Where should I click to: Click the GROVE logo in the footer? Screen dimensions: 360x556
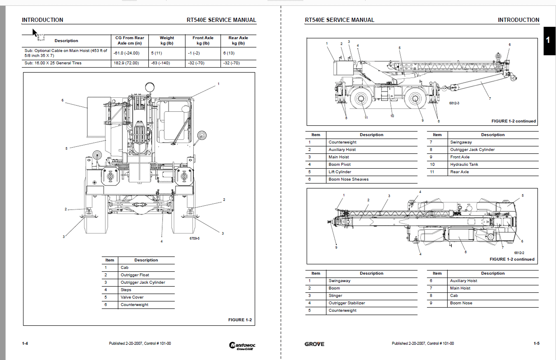click(314, 344)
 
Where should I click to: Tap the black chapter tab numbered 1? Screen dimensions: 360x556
click(548, 40)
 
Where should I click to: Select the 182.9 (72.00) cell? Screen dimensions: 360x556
click(126, 63)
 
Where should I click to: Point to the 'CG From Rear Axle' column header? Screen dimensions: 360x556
click(129, 40)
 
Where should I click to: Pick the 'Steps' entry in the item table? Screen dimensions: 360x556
click(126, 290)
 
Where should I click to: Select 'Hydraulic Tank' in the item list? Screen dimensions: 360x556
click(464, 165)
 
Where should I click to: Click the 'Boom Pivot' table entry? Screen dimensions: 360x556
click(340, 165)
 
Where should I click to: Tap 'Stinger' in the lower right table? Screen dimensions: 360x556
click(335, 296)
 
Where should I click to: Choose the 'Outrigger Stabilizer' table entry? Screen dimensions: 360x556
click(347, 303)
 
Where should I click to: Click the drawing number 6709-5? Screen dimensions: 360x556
click(195, 238)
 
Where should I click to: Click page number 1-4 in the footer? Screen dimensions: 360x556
click(25, 344)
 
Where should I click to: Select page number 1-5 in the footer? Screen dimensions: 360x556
click(536, 344)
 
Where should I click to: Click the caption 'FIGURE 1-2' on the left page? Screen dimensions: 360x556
click(240, 320)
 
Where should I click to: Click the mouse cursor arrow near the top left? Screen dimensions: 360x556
click(35, 33)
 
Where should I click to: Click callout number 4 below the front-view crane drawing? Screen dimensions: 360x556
click(162, 241)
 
